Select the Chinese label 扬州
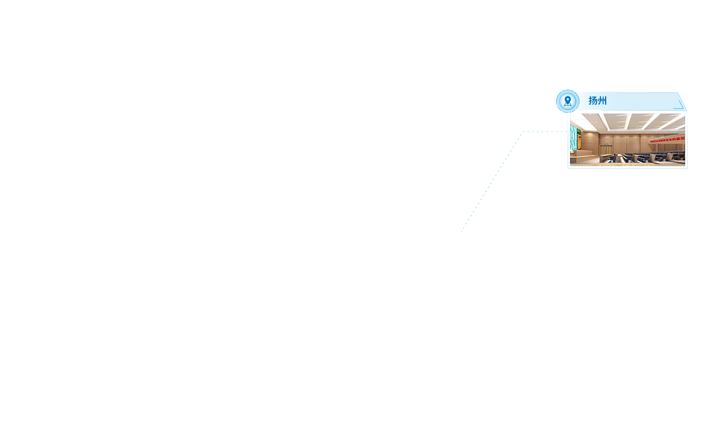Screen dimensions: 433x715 pos(597,101)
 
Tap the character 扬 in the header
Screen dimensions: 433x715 pos(593,101)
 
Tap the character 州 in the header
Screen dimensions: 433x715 pos(602,101)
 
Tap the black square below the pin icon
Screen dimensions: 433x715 pos(562,121)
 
